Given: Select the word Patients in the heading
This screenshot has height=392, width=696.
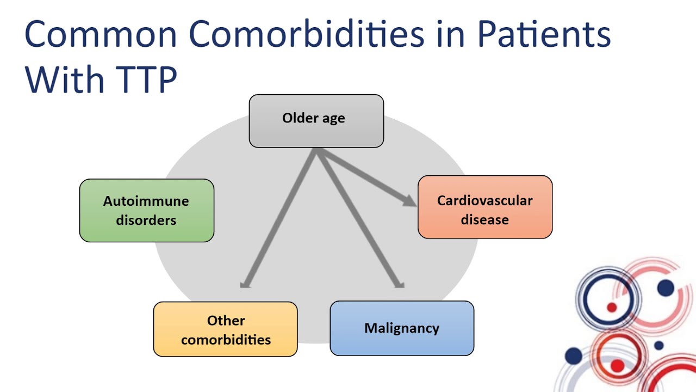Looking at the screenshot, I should click(544, 34).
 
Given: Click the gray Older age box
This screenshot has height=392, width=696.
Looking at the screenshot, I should click(316, 121).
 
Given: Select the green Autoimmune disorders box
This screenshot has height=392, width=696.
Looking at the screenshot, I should click(146, 210).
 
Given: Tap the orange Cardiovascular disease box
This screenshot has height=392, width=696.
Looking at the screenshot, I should click(484, 207).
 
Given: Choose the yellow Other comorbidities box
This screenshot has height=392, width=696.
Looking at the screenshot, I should click(225, 329).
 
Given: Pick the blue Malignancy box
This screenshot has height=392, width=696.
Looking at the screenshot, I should click(402, 328).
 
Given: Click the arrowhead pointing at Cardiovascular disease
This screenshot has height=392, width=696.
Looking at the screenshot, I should click(411, 201).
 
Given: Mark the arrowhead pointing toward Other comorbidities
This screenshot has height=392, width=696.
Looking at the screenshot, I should click(245, 283).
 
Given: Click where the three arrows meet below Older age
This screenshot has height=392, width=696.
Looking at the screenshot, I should click(316, 151).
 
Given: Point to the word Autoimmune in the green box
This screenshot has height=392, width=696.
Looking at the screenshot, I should click(146, 201).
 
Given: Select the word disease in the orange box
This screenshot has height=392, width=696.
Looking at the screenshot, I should click(484, 219).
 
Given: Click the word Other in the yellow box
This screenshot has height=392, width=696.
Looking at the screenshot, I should click(226, 320).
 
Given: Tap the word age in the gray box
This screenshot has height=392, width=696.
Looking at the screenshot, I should click(332, 118).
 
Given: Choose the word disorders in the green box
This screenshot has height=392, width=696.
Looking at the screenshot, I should click(146, 220).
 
